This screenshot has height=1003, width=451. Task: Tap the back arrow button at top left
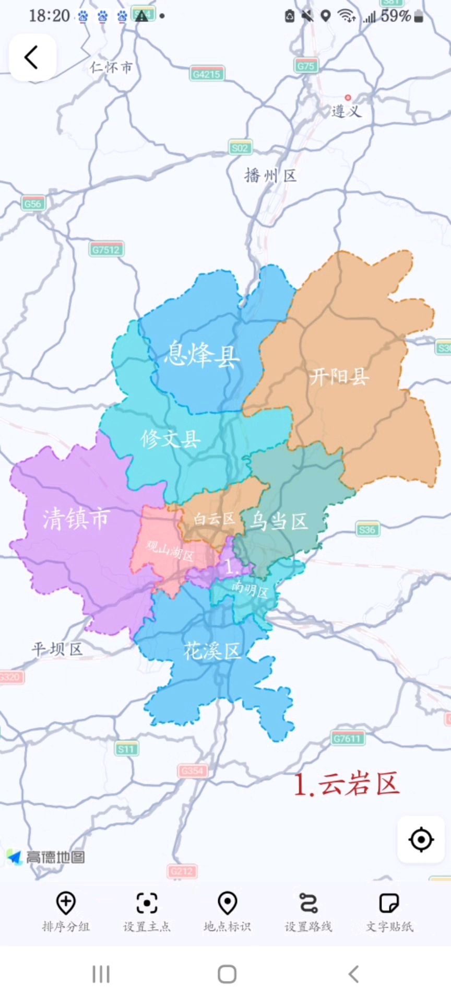pos(32,57)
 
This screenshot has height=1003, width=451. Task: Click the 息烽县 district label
pos(202,354)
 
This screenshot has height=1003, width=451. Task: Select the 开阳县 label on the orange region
pos(339,376)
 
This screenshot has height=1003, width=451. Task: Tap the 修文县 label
pos(171,439)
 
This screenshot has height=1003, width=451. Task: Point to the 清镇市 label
pos(76,519)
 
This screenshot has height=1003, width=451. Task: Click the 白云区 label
pos(215,519)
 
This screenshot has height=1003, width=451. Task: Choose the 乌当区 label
pos(278,521)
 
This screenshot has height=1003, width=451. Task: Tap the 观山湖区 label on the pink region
pos(170,550)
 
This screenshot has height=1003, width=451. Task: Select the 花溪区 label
pos(212,651)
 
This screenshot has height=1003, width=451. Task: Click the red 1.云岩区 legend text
pos(346,784)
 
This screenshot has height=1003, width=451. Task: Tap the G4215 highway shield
pos(207,74)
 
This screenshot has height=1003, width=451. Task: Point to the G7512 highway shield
pos(106,250)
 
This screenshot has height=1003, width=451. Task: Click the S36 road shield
pos(367,530)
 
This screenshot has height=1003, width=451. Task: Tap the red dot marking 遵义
pos(348,98)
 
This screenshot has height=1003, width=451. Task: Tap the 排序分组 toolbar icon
pos(66,903)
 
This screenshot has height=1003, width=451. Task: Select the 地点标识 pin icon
pos(228,903)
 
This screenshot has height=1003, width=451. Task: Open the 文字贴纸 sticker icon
pos(389,903)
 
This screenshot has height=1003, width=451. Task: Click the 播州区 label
pos(270,176)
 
